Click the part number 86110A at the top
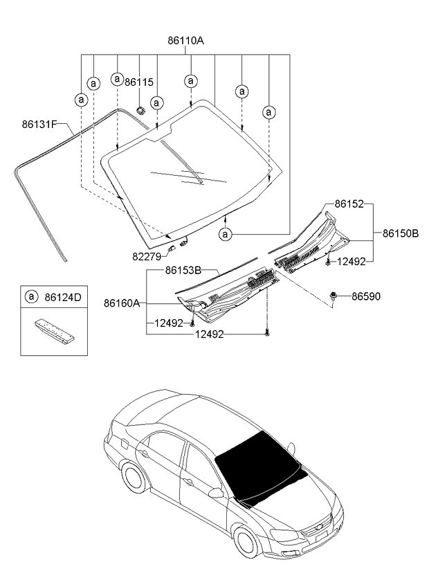click(185, 41)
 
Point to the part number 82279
click(147, 256)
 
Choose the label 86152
click(349, 204)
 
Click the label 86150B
click(401, 233)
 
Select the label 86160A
click(122, 302)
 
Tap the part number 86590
click(366, 296)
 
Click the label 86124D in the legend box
click(63, 298)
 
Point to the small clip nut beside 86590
click(334, 296)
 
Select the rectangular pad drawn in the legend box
click(54, 330)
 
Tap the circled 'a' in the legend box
click(32, 298)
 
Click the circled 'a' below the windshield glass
click(226, 235)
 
